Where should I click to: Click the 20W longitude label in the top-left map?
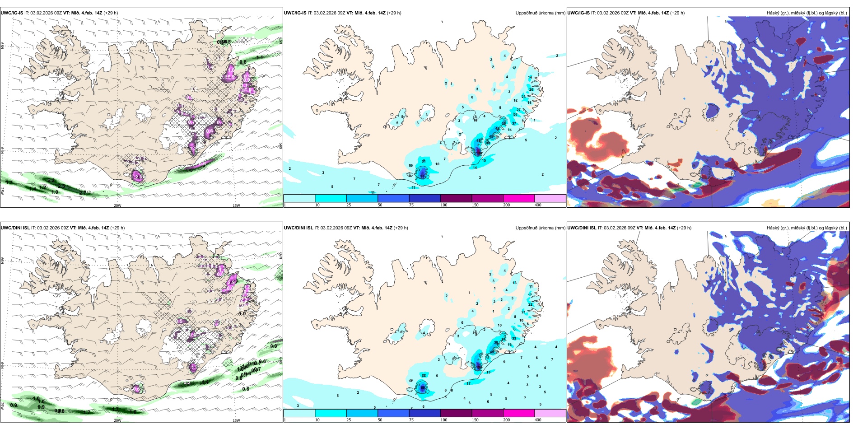pyautogui.click(x=117, y=205)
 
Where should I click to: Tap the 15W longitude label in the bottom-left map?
pyautogui.click(x=236, y=420)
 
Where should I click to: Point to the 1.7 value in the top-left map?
pyautogui.click(x=9, y=182)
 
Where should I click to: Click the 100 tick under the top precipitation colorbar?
pyautogui.click(x=444, y=205)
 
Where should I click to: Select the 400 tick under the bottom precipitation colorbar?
pyautogui.click(x=538, y=420)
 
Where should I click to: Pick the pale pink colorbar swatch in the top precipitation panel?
pyautogui.click(x=550, y=198)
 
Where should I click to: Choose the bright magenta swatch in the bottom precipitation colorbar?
pyautogui.click(x=519, y=413)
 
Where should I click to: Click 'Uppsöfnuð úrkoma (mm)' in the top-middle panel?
pyautogui.click(x=540, y=13)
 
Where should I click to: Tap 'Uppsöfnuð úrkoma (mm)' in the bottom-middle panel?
pyautogui.click(x=540, y=228)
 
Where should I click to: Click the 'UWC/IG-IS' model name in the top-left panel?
pyautogui.click(x=12, y=13)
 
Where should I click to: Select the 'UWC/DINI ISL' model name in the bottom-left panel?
pyautogui.click(x=15, y=228)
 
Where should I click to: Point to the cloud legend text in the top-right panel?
pyautogui.click(x=807, y=13)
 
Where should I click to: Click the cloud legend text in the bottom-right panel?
pyautogui.click(x=807, y=228)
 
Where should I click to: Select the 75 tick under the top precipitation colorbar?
pyautogui.click(x=411, y=205)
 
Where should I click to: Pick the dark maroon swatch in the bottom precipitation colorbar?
pyautogui.click(x=456, y=413)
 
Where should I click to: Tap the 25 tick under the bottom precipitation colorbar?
pyautogui.click(x=349, y=420)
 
